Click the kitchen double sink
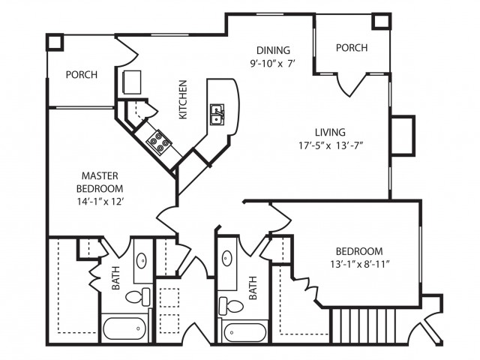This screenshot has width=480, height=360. pos(217,115)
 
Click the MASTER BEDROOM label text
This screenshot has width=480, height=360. pos(100,181)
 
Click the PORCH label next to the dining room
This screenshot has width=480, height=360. pos(351,48)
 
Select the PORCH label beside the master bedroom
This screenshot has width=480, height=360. pos(81,75)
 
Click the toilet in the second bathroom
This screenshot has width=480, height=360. pos(229,305)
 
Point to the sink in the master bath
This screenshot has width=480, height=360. pos(142,262)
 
